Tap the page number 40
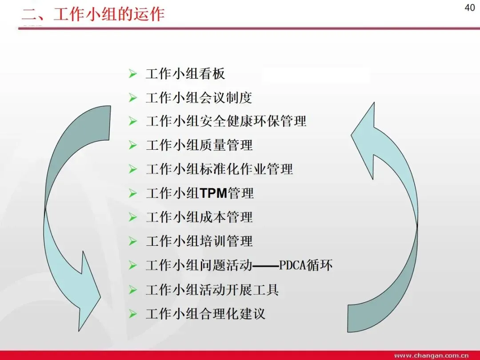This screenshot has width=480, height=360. pyautogui.click(x=470, y=8)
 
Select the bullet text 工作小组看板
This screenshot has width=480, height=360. pyautogui.click(x=185, y=74)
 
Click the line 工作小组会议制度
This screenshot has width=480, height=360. pyautogui.click(x=199, y=98)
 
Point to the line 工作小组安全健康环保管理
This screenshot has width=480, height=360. pyautogui.click(x=226, y=121)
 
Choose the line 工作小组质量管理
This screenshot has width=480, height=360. pyautogui.click(x=199, y=145)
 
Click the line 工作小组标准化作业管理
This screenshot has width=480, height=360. pyautogui.click(x=219, y=169)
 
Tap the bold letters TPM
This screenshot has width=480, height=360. pyautogui.click(x=213, y=193)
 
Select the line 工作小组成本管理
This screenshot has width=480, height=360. pyautogui.click(x=199, y=217)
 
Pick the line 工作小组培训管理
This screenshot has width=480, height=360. pyautogui.click(x=199, y=241)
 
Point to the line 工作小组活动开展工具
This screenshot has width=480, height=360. pyautogui.click(x=212, y=290)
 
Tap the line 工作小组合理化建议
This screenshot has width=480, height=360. pyautogui.click(x=205, y=314)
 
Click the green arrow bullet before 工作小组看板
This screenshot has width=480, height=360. pyautogui.click(x=132, y=74)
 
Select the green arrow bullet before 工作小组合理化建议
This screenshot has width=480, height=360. pyautogui.click(x=132, y=314)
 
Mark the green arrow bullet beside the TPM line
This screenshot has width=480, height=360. pyautogui.click(x=132, y=193)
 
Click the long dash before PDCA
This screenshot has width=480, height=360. pyautogui.click(x=266, y=266)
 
